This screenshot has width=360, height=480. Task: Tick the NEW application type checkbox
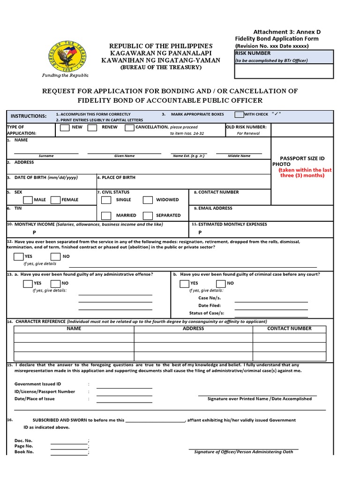65,127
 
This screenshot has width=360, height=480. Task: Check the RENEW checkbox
92,127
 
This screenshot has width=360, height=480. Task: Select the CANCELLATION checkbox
130,127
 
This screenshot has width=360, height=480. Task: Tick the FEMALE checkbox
55,200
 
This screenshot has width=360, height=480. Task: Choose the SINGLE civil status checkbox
106,200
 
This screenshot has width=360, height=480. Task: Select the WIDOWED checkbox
148,200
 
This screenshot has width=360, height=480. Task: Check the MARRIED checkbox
106,216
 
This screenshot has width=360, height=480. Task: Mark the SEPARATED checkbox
148,216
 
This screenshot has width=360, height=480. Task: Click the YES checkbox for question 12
19,256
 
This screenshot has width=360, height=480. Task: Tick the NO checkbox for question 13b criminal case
221,283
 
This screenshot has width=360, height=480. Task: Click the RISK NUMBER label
253,53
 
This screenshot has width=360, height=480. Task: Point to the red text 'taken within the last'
305,170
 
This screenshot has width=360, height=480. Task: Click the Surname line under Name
46,153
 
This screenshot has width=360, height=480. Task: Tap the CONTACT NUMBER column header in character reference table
289,329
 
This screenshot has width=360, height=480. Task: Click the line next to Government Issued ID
124,388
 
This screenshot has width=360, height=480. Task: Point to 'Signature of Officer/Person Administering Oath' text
243,452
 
